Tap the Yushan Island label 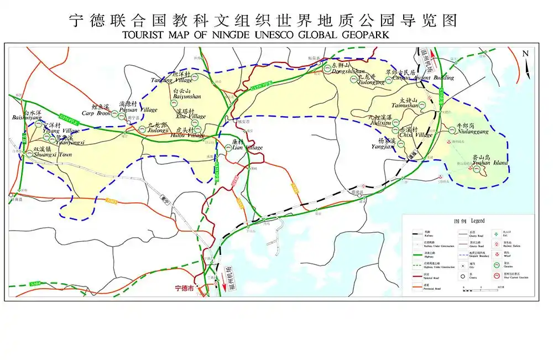(x=490, y=163)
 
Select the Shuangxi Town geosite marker (x=30, y=155)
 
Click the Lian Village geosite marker (x=228, y=147)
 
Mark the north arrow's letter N (x=525, y=54)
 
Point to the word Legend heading (x=477, y=221)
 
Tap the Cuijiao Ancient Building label (x=419, y=78)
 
